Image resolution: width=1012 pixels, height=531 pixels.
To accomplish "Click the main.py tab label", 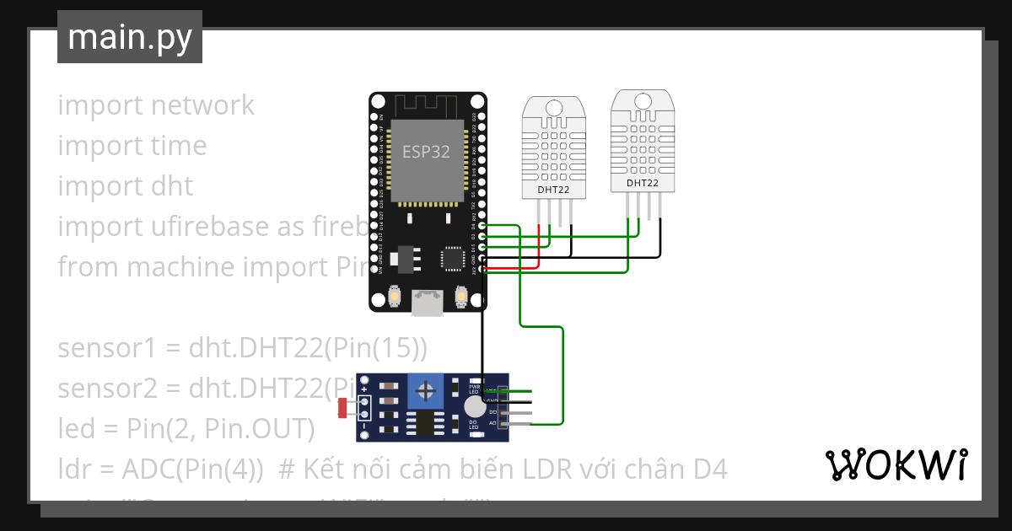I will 129,37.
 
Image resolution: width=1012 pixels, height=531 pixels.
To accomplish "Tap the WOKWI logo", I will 896,464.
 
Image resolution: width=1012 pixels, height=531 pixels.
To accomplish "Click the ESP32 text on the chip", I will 425,152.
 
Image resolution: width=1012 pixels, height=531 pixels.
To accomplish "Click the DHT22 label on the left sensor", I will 553,190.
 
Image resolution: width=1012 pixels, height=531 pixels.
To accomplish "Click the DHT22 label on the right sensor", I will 642,183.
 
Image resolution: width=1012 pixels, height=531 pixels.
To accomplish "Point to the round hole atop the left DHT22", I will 553,107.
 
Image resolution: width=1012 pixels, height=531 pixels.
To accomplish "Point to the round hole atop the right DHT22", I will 642,99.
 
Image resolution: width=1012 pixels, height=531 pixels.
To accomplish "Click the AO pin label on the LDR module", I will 493,421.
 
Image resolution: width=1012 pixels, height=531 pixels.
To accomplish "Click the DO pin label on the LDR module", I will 493,411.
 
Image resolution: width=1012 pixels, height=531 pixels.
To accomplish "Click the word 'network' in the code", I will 202,105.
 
